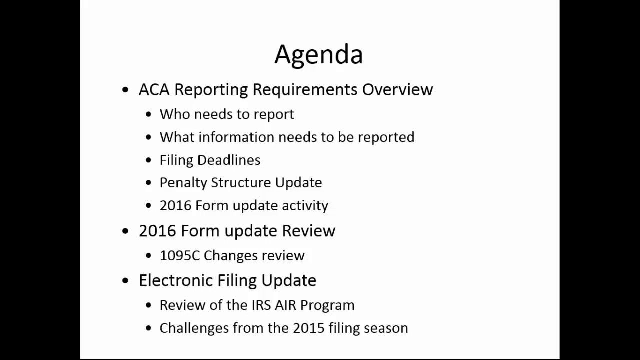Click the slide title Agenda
318,54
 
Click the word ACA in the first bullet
154,89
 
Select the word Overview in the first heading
397,89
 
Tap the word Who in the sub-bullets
174,114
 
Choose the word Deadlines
229,160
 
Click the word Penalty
183,183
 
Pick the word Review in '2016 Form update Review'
308,231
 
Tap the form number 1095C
179,256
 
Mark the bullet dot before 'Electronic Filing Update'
125,281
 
